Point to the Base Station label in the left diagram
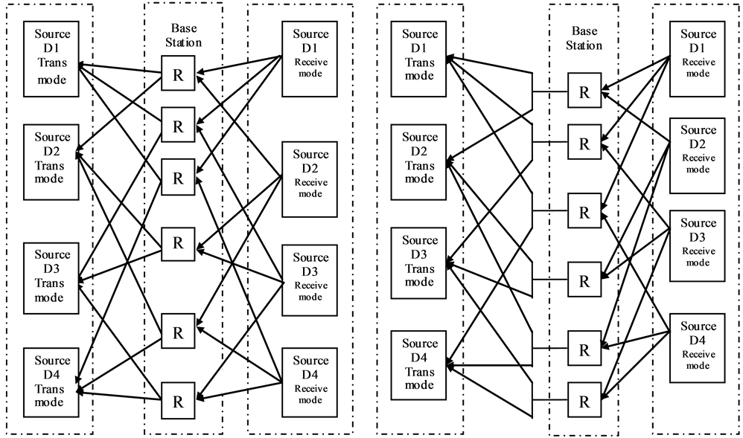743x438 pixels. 184,36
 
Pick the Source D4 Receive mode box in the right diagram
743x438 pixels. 698,350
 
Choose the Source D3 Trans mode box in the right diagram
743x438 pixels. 419,261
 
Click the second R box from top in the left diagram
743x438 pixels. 178,126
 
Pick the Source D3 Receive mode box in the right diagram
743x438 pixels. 698,246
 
